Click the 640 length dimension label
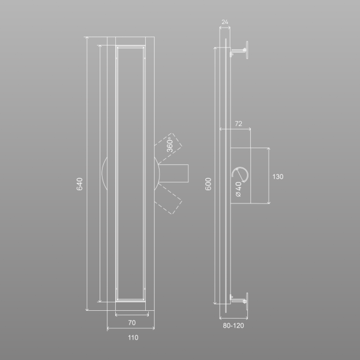79,184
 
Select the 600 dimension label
208,184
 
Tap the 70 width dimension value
132,323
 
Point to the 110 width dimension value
133,337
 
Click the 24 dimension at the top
225,22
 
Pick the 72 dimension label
239,124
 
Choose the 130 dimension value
278,176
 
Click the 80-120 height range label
233,326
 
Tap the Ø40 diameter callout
239,189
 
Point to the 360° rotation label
170,145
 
